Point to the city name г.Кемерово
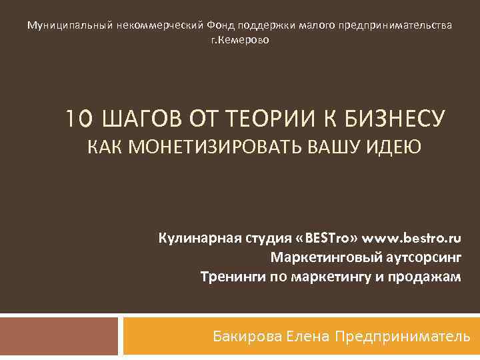click(x=240, y=40)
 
